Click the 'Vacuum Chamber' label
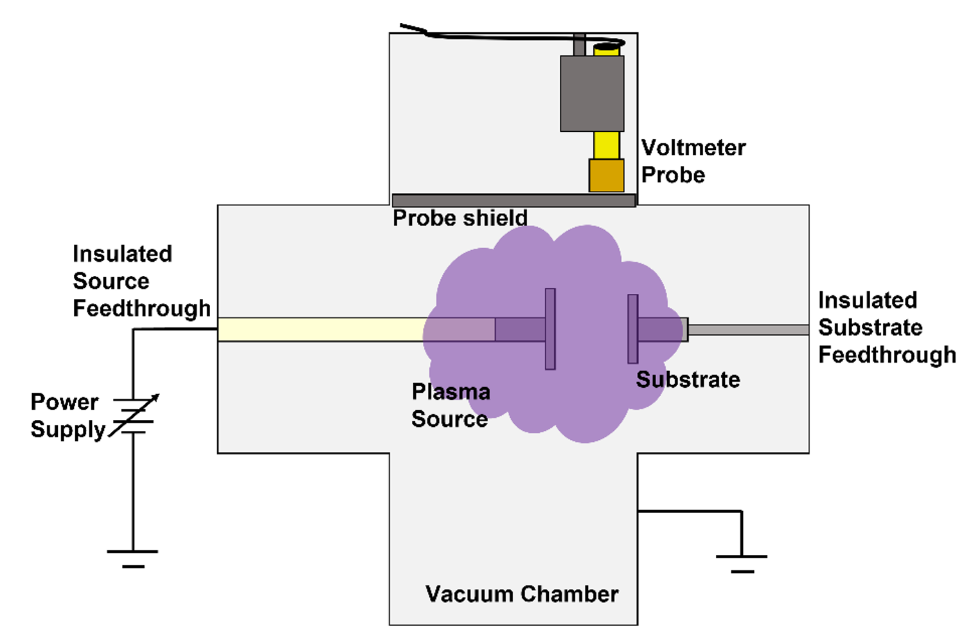pos(522,594)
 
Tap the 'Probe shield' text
pos(460,219)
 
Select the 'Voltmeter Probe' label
pos(693,161)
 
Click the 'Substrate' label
pos(688,380)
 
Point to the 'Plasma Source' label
pos(451,405)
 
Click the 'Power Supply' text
pos(67,415)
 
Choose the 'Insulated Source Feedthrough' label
pos(141,281)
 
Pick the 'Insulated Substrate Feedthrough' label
pos(887,327)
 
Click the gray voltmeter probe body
pos(592,94)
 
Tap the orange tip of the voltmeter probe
pos(606,176)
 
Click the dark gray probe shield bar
pos(513,201)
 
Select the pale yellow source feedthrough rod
pos(321,329)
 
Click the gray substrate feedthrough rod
pos(748,330)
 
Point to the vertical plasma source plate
pos(550,329)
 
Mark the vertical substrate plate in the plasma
pos(633,329)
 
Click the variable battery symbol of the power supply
pos(134,415)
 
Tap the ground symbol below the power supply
pos(133,558)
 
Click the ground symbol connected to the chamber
pos(742,563)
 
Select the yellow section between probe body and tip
pos(606,145)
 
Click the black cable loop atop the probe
pos(607,46)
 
